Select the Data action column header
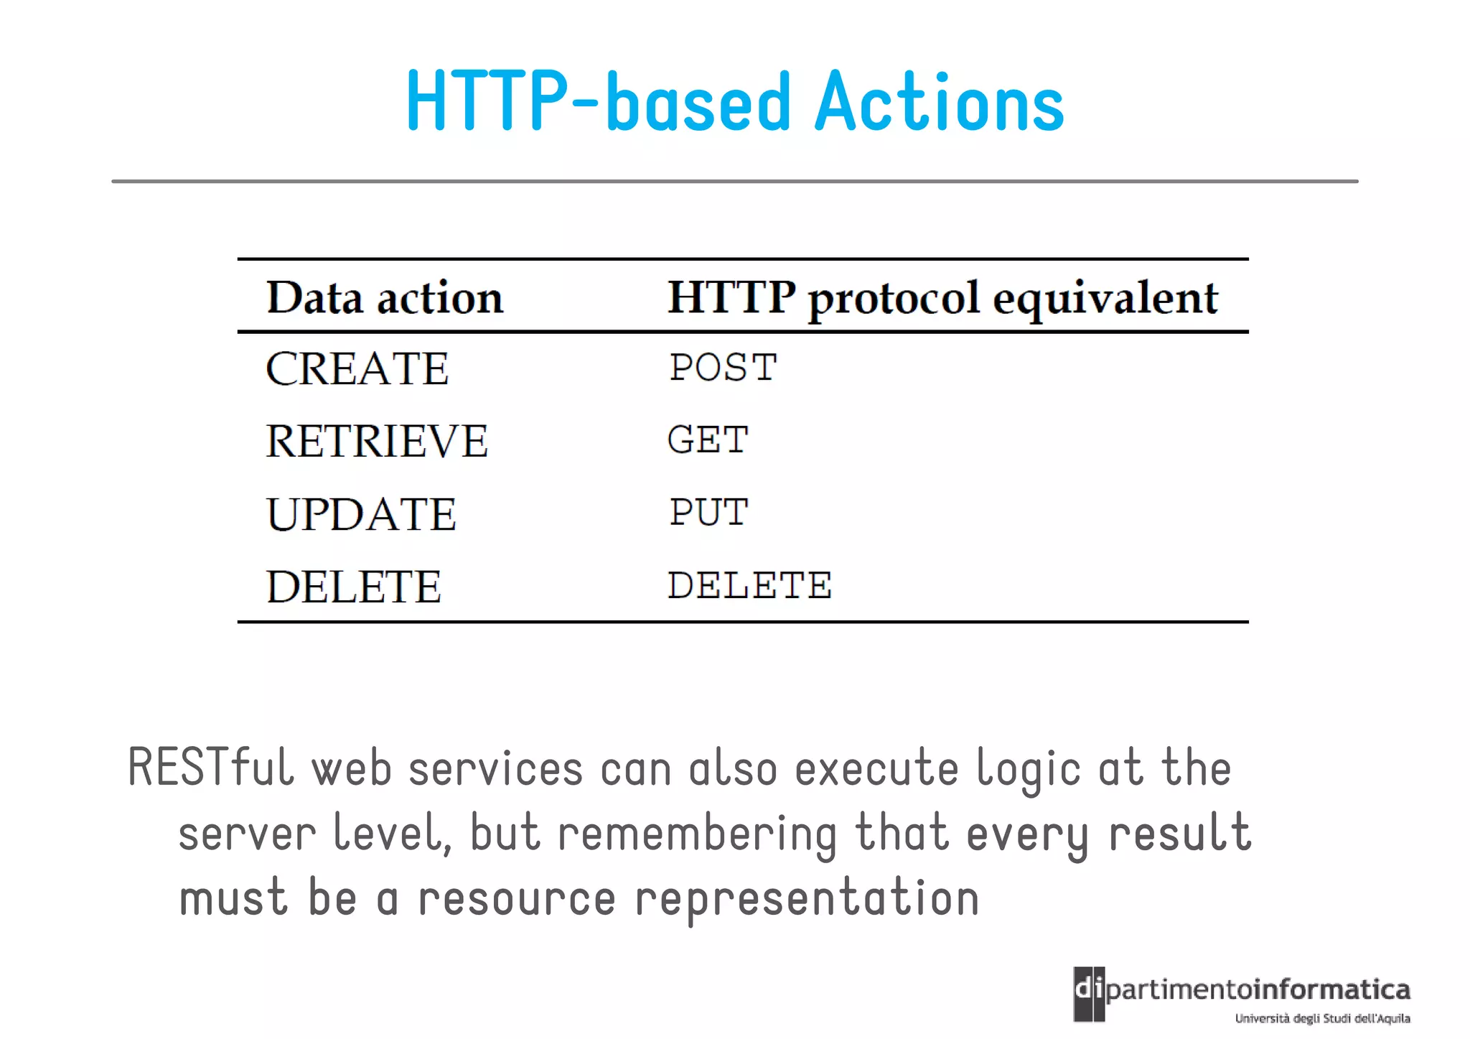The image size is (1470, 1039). click(385, 297)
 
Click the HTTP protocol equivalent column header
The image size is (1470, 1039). click(942, 297)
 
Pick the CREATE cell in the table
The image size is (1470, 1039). click(357, 369)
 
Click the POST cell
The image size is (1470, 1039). click(723, 368)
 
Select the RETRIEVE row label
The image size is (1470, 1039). click(377, 441)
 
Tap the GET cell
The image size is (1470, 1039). click(708, 439)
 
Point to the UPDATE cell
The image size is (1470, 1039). click(361, 514)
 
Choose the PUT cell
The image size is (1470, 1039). click(709, 513)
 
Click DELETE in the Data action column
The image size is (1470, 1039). click(353, 587)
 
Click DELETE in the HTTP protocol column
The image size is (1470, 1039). click(749, 585)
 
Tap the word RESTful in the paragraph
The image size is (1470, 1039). click(211, 768)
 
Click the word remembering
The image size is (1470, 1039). click(697, 834)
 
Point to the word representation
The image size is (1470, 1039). click(807, 899)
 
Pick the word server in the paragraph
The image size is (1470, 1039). click(247, 834)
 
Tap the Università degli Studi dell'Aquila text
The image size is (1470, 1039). click(1322, 1018)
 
